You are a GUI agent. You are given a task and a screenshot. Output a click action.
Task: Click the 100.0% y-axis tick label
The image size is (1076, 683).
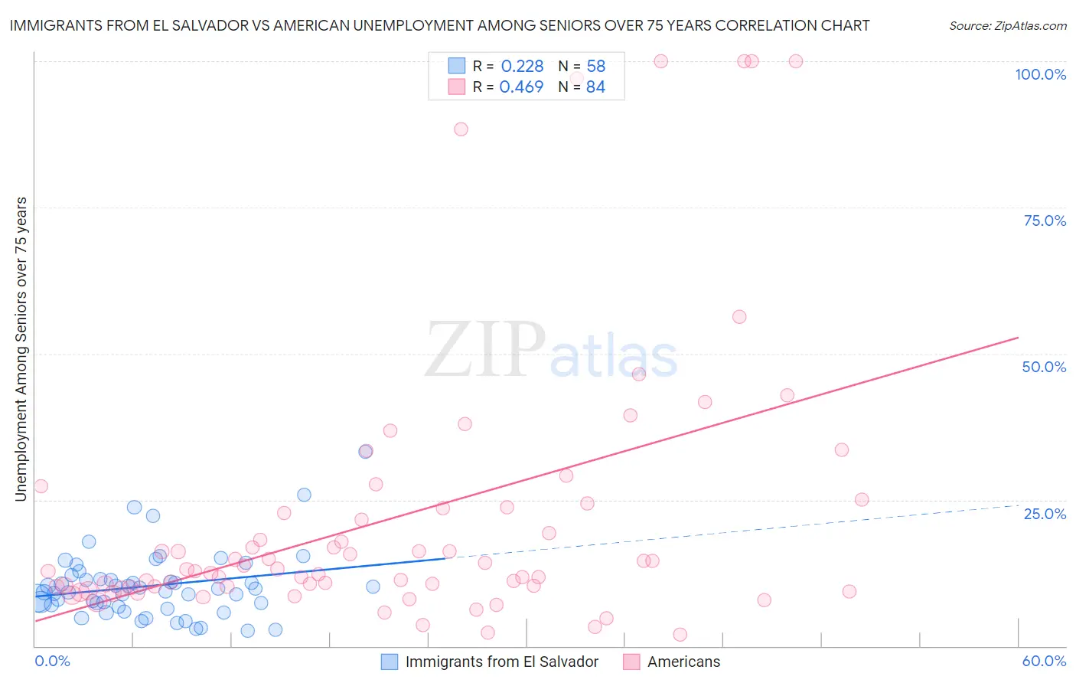pos(1040,74)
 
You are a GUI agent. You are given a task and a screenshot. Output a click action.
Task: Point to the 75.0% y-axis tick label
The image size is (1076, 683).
pos(1045,221)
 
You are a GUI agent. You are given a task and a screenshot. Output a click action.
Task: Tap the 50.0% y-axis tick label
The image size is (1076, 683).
pos(1044,367)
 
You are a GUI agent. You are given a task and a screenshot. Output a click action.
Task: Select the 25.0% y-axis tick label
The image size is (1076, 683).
pos(1045,513)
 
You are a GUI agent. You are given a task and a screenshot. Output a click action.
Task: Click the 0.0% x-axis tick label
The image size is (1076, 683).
pos(52,661)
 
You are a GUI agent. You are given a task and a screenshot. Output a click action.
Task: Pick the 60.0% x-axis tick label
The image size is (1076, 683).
pos(1044,661)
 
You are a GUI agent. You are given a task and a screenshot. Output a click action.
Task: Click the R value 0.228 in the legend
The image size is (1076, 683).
pos(522,67)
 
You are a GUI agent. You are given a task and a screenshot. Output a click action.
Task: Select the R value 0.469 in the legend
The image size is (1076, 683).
pos(521,87)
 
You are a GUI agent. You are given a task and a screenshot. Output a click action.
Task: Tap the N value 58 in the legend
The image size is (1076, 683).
pos(595,67)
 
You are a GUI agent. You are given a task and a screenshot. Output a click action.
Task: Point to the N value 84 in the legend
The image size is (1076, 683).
pos(595,87)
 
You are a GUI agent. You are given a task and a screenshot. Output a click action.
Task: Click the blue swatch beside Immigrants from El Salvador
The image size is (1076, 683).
pos(390,662)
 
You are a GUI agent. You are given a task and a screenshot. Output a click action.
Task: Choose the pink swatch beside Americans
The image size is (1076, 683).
pos(631,662)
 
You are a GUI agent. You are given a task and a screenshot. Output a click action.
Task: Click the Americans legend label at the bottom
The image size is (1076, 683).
pos(683,662)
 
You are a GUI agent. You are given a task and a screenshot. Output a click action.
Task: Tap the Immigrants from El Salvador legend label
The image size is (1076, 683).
pos(501,662)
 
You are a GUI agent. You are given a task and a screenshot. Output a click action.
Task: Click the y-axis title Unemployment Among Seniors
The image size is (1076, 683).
pos(21,349)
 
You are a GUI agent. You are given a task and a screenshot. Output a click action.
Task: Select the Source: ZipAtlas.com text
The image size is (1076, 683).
pos(1007,26)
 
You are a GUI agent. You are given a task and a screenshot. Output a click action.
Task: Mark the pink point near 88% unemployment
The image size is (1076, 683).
pos(461,129)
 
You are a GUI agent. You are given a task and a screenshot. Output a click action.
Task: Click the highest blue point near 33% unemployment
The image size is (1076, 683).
pos(366,451)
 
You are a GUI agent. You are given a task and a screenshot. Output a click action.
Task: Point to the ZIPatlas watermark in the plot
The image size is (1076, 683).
pos(551,350)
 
